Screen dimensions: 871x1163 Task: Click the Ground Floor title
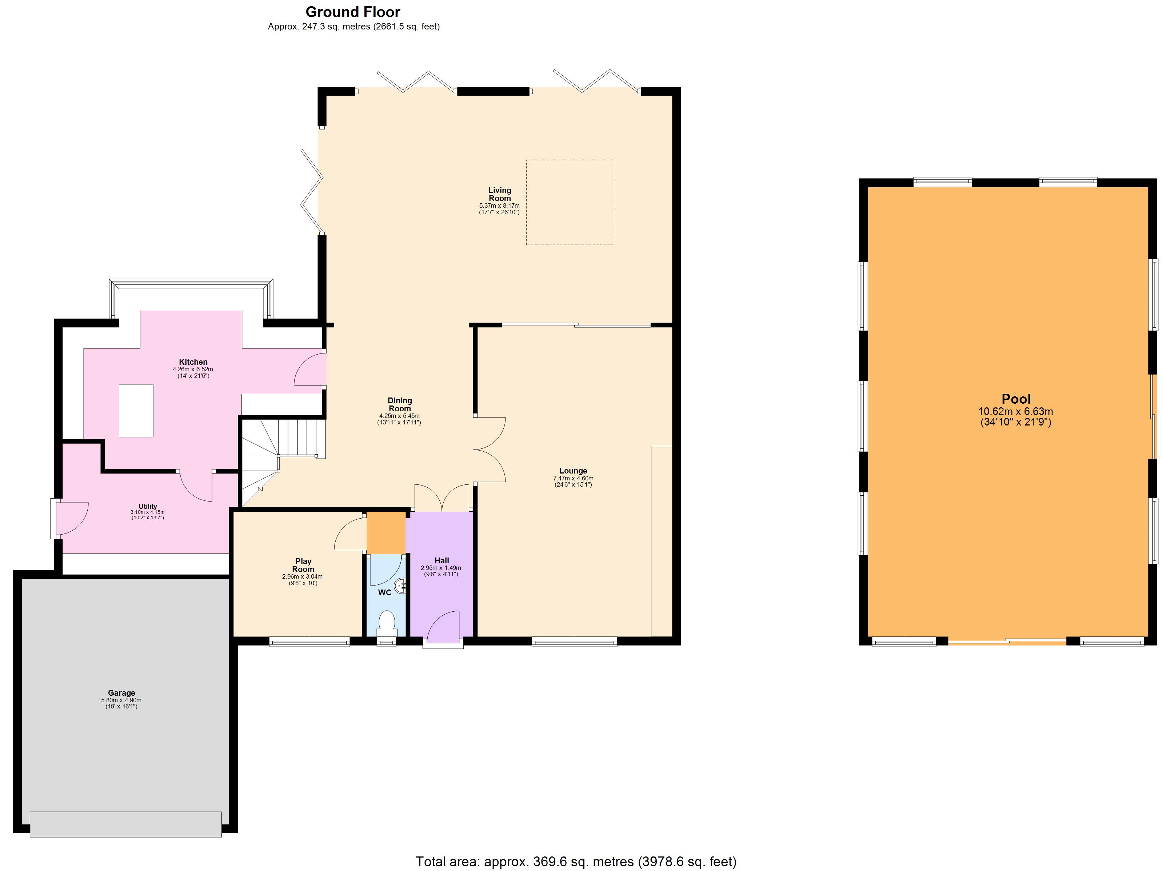(353, 12)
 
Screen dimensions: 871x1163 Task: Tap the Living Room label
(499, 195)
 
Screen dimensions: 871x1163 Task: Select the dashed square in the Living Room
(570, 202)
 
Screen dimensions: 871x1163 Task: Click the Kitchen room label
(193, 361)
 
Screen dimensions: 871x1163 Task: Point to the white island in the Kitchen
(136, 411)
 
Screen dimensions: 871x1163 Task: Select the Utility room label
(148, 506)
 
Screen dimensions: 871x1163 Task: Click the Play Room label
(303, 565)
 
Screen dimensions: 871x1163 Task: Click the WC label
(384, 593)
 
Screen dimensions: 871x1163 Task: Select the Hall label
(441, 560)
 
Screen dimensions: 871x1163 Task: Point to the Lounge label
(573, 471)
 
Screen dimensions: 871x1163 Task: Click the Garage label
(121, 693)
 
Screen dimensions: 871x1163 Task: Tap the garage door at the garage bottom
(126, 824)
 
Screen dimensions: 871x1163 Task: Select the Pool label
(1016, 399)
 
